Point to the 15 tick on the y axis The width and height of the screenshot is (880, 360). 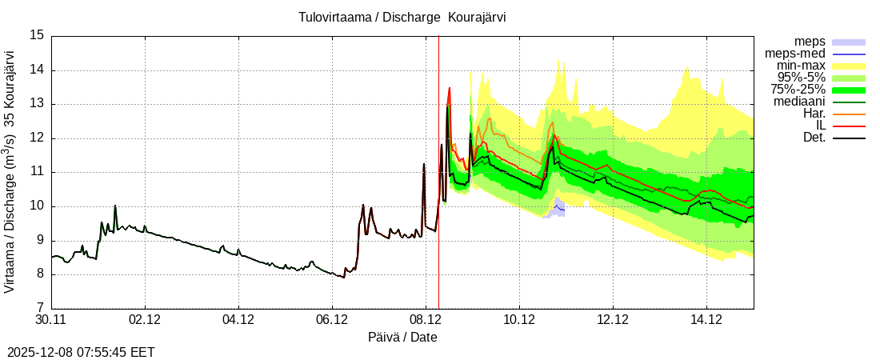point(38,35)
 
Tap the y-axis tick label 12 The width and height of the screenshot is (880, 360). point(38,138)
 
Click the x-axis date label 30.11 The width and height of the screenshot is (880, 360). point(52,320)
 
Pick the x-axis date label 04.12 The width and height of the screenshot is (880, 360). point(239,320)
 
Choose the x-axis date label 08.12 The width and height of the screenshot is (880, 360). point(426,320)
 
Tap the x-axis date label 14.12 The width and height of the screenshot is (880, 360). point(707,320)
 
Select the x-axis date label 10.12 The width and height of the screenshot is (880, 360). point(520,320)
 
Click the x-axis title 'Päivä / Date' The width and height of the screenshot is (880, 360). point(402,337)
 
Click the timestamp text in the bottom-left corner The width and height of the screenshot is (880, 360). point(81,352)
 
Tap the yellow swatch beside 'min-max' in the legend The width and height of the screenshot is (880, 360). point(849,66)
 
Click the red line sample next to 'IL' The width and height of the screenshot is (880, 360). point(849,126)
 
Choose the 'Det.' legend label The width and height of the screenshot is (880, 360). point(811,138)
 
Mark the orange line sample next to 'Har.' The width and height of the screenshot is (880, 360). point(849,114)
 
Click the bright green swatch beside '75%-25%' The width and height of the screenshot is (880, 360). point(849,90)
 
